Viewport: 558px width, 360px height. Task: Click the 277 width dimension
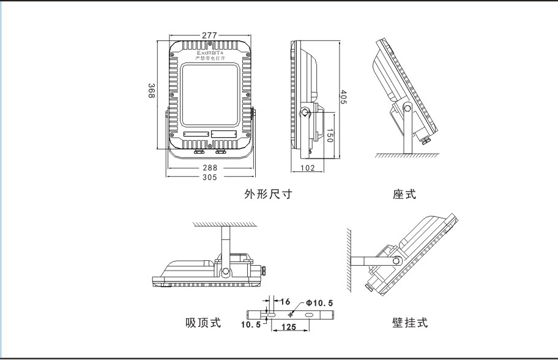(x=209, y=36)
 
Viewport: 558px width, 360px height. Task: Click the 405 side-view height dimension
(x=343, y=97)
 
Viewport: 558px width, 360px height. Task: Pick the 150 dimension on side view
(x=329, y=136)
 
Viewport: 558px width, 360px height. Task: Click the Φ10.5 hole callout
(x=319, y=303)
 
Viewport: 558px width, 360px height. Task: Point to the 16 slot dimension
(x=285, y=302)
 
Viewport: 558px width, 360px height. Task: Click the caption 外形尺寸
(x=269, y=195)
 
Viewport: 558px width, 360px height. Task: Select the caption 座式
(x=404, y=195)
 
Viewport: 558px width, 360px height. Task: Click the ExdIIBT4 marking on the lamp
(x=209, y=53)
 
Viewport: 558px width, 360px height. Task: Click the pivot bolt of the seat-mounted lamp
(x=407, y=108)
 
